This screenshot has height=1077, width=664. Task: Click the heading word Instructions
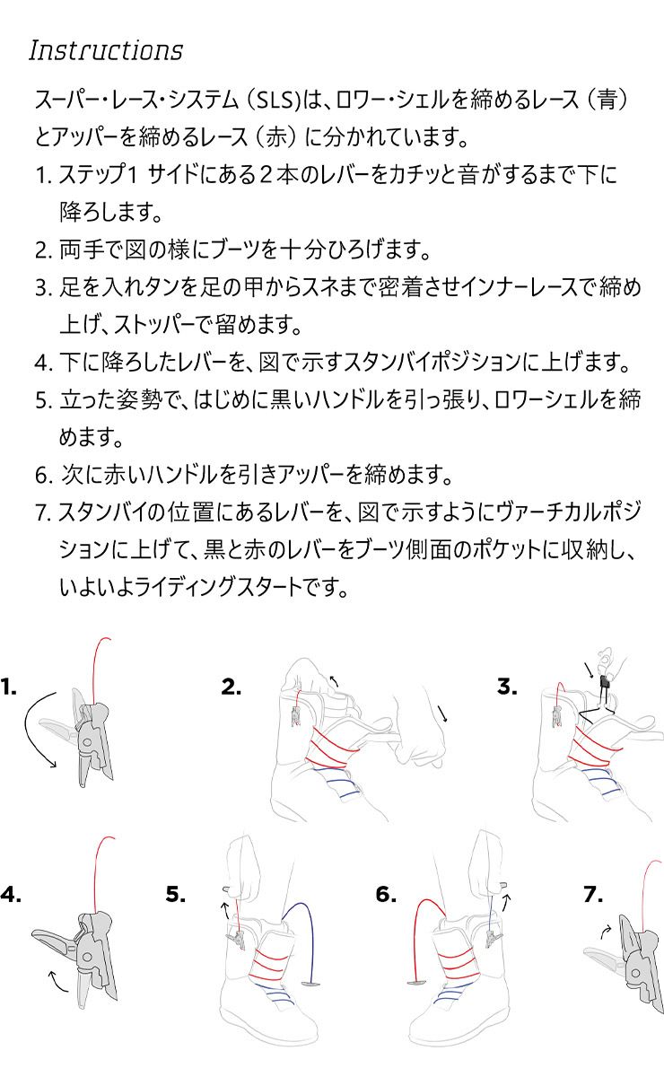coord(106,50)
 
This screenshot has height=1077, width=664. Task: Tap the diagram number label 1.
coord(9,687)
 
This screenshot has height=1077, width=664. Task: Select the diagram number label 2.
coord(231,687)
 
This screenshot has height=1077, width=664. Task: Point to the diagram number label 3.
coord(507,687)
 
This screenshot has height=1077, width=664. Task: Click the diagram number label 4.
coord(11,894)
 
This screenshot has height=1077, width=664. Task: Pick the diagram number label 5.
coord(176,894)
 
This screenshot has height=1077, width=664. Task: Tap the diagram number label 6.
coord(386,894)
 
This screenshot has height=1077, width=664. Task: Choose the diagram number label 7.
coord(593,894)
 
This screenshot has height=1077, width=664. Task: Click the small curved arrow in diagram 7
coord(605,932)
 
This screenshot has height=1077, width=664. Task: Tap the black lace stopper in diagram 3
coord(605,684)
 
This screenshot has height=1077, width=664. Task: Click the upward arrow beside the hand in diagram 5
coord(225,911)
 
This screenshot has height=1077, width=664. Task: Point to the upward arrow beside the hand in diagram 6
coord(506,903)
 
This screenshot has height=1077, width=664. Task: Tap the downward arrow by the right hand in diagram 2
coord(442,713)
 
